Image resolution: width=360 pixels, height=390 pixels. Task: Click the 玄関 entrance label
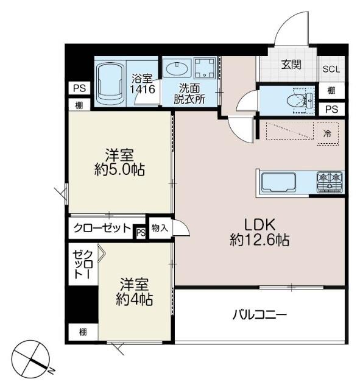(291, 65)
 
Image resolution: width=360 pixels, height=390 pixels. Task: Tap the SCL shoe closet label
(332, 69)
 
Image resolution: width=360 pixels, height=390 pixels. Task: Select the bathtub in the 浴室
(112, 84)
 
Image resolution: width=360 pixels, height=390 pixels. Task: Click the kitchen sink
(278, 182)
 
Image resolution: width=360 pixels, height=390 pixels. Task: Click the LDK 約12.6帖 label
(259, 232)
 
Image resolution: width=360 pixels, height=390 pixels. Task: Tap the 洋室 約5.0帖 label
(119, 162)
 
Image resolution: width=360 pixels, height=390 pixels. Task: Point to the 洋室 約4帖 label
(134, 292)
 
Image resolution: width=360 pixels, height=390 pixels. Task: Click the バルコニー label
(259, 315)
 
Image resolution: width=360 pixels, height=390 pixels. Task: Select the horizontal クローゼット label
(102, 229)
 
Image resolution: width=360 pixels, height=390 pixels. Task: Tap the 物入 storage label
(160, 228)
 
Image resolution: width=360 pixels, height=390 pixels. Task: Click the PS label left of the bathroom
(79, 88)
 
